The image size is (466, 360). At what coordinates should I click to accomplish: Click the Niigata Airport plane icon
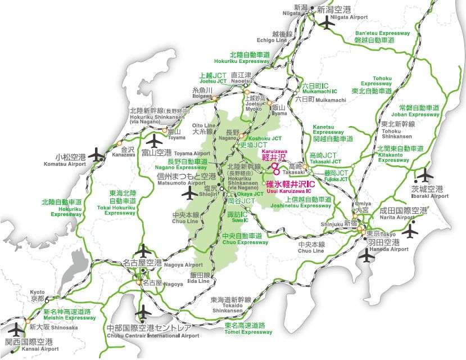pyautogui.click(x=326, y=24)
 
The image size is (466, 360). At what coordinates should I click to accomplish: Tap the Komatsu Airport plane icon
pyautogui.click(x=97, y=154)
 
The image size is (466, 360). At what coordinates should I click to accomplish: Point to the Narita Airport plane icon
pyautogui.click(x=411, y=230)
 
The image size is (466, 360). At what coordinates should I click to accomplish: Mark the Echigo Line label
pyautogui.click(x=272, y=37)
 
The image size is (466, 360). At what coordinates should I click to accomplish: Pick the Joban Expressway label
pyautogui.click(x=419, y=111)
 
